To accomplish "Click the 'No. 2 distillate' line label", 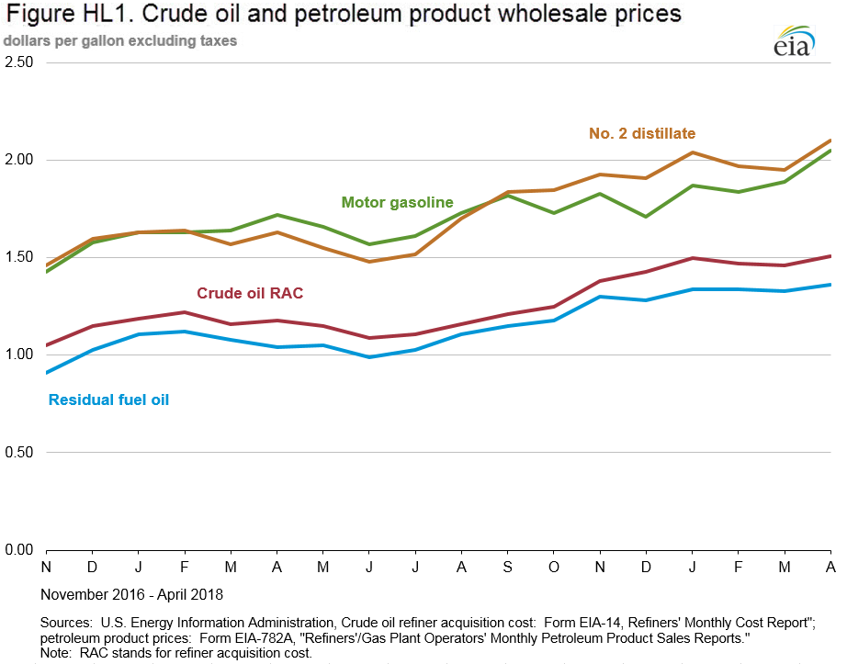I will click(x=642, y=134).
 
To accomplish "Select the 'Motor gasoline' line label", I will click(x=397, y=202).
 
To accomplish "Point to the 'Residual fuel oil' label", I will click(x=108, y=400).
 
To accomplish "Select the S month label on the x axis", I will click(x=507, y=567).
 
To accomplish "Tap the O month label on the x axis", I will click(x=553, y=567).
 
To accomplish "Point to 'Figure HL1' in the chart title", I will click(x=57, y=14).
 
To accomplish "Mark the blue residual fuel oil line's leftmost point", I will click(x=45, y=373).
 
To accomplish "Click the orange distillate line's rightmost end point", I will click(x=831, y=141).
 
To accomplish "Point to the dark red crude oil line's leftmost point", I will click(x=45, y=345).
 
